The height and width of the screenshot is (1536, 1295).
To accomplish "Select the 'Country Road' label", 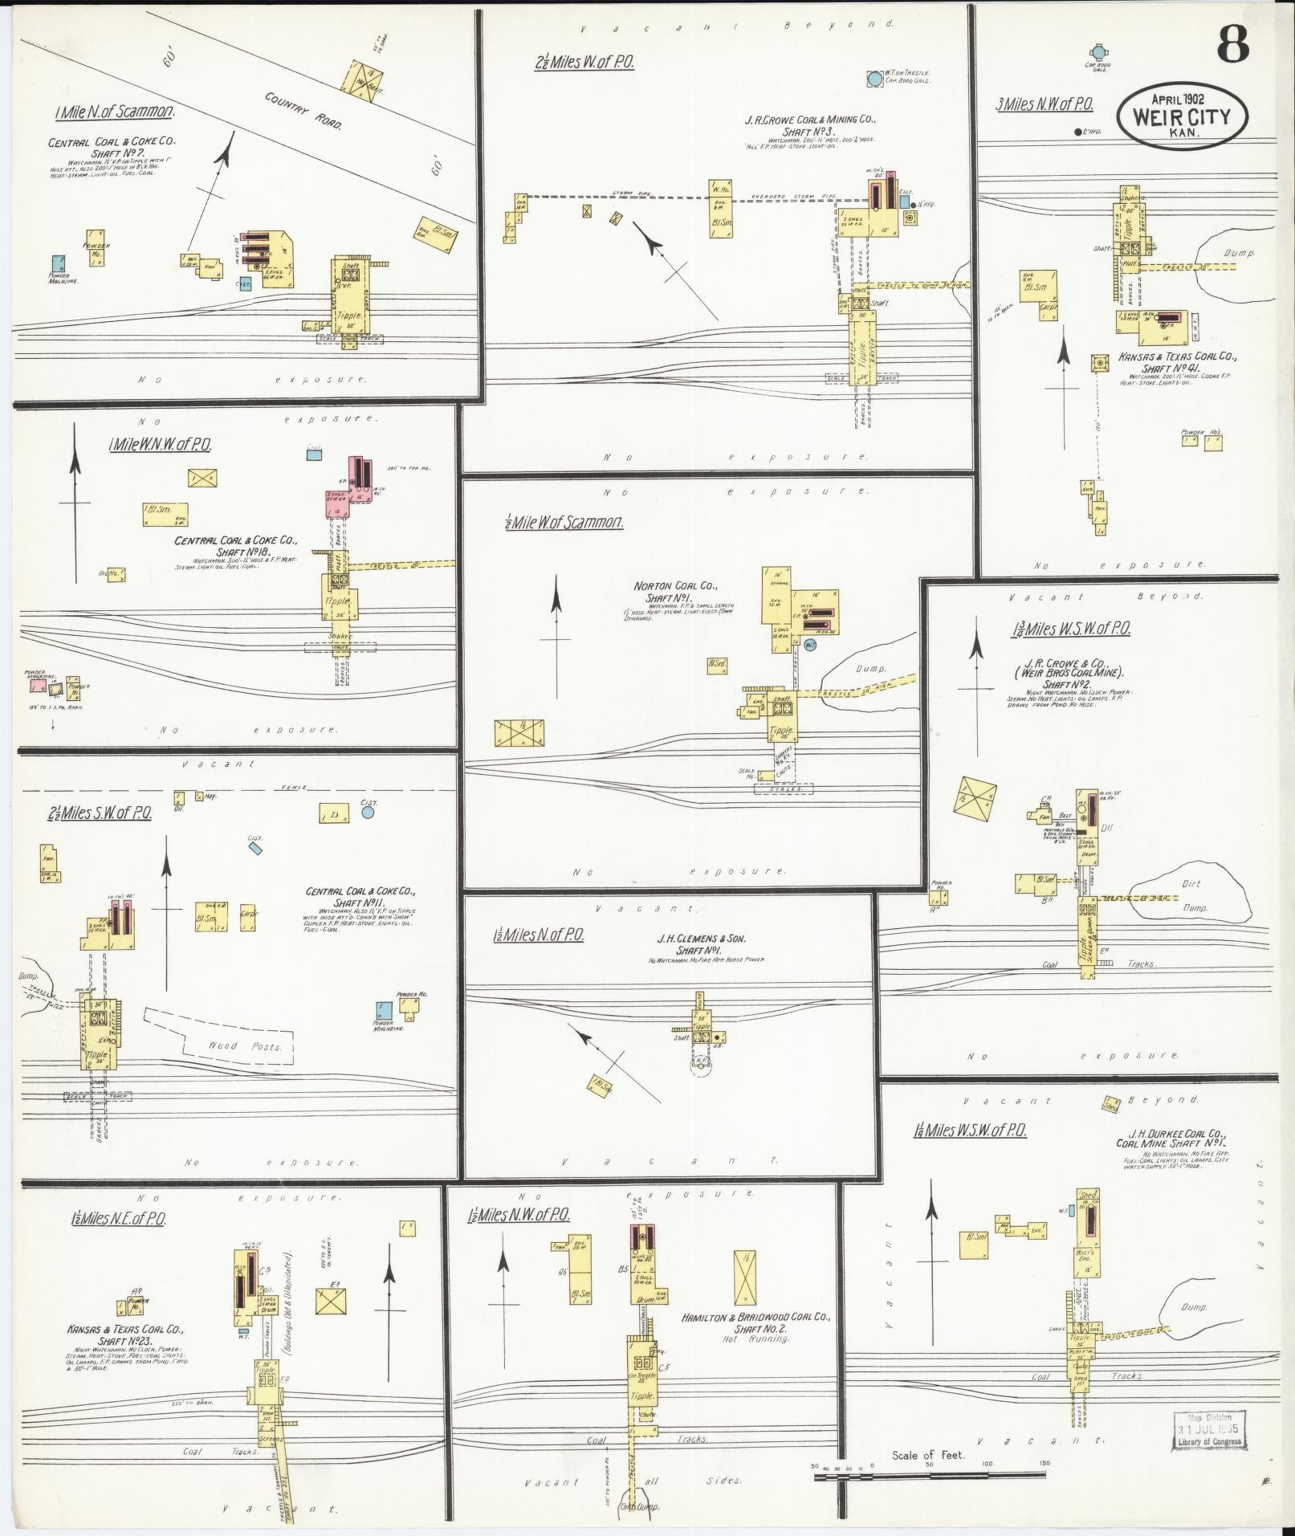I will pyautogui.click(x=303, y=110).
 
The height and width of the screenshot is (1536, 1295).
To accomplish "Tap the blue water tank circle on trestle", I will pyautogui.click(x=874, y=79).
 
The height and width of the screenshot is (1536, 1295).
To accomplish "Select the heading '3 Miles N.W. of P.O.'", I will pyautogui.click(x=1044, y=104).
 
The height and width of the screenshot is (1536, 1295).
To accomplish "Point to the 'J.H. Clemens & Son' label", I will pyautogui.click(x=707, y=937).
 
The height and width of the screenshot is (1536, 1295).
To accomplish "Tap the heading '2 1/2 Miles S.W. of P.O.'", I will pyautogui.click(x=100, y=813).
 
